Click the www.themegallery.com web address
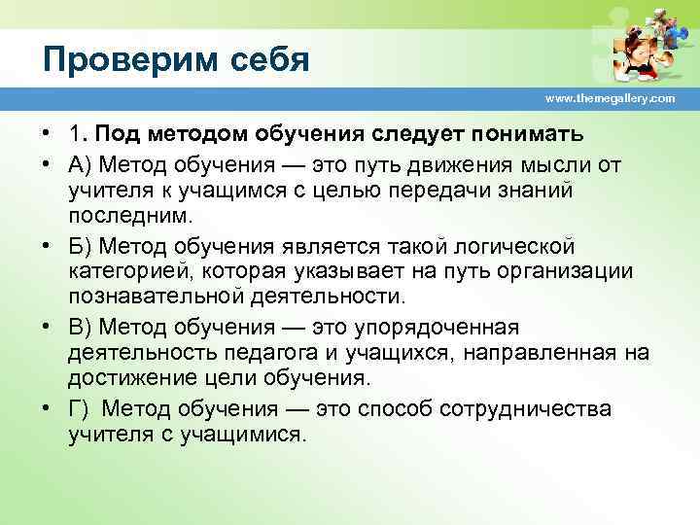point(610,99)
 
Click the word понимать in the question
point(526,133)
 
